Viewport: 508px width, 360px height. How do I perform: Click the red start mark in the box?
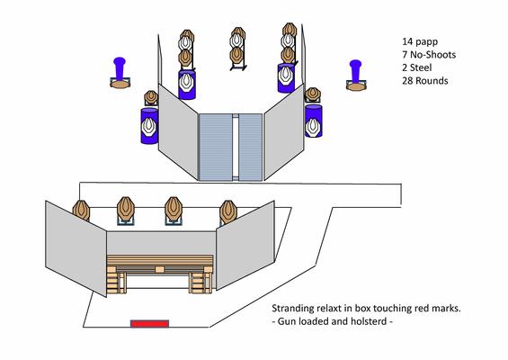click(149, 323)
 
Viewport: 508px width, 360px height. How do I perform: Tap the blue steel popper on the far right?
click(355, 71)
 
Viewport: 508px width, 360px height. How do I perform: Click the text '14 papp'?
click(420, 41)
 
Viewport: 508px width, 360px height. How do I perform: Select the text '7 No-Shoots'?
click(429, 55)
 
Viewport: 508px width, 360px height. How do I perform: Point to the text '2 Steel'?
click(417, 67)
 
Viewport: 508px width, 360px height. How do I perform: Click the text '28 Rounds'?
click(425, 80)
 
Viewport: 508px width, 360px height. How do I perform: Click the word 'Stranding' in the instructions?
click(292, 309)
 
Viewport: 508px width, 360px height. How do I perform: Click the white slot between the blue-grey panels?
click(236, 147)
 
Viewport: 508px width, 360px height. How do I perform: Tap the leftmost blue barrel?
click(149, 126)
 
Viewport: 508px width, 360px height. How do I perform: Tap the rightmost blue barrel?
click(314, 121)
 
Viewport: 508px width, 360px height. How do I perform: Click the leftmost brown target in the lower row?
click(81, 211)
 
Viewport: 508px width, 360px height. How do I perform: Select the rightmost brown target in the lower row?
click(228, 211)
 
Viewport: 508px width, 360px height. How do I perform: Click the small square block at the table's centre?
click(159, 269)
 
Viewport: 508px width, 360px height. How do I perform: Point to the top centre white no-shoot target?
click(237, 40)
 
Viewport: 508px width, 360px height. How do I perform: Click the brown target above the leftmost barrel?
click(151, 96)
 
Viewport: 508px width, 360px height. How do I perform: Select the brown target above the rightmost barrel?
click(313, 94)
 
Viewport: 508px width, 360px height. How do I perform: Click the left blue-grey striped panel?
click(216, 147)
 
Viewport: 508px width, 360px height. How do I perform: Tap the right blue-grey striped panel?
click(251, 147)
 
